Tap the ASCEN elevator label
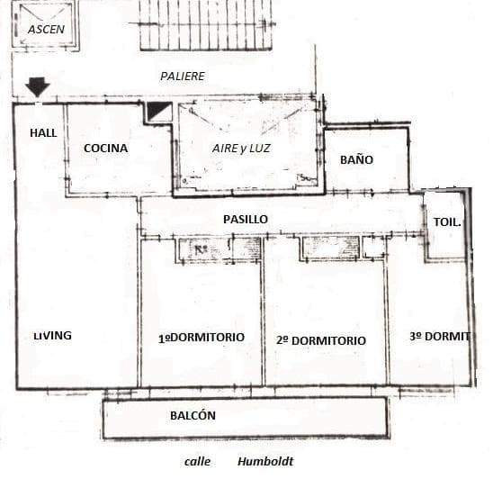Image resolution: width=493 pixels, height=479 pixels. tap(46, 30)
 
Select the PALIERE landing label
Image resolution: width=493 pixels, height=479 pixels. tap(183, 77)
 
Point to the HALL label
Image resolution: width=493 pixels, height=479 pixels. tap(43, 133)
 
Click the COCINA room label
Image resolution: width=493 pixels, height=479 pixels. tap(106, 149)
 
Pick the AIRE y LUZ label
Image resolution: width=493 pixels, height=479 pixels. tap(241, 149)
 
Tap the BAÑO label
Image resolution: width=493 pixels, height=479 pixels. tap(356, 159)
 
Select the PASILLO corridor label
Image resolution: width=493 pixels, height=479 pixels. tap(246, 220)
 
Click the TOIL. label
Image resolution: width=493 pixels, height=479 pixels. tap(447, 222)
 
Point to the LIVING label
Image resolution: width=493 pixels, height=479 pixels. tap(52, 336)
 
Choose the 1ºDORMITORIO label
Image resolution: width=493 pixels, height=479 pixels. tap(202, 338)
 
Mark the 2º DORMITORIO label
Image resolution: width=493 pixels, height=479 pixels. tap(321, 340)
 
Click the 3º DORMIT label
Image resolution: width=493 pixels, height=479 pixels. tap(440, 337)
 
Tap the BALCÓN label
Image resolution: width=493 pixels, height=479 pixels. tap(193, 415)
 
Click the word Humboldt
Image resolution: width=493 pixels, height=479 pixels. tap(265, 461)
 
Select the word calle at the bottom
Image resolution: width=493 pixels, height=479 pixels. tap(197, 462)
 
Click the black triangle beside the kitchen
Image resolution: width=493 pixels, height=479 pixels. tap(157, 110)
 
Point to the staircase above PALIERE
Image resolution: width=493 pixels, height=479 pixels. tap(206, 24)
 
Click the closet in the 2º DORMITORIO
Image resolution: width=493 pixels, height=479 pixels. tap(331, 249)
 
